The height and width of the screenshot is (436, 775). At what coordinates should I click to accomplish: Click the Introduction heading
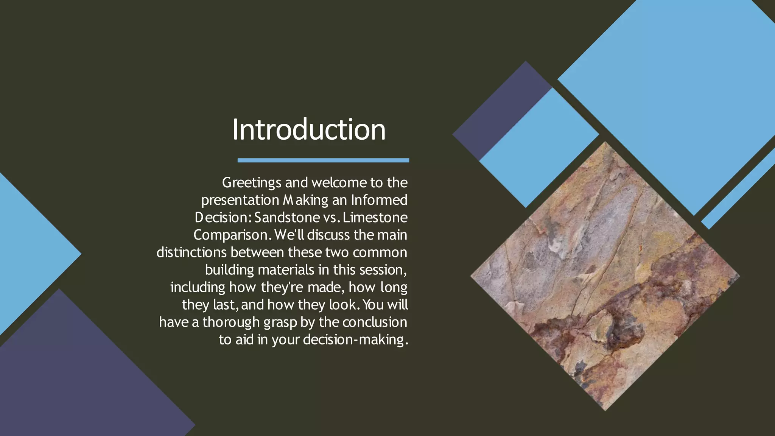[x=309, y=130]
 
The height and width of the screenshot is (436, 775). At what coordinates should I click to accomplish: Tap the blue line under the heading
[x=323, y=160]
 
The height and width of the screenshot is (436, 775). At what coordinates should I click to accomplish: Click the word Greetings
[x=252, y=183]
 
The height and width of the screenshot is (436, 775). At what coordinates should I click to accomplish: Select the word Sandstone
[x=287, y=218]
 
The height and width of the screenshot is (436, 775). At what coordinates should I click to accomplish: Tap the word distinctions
[x=191, y=252]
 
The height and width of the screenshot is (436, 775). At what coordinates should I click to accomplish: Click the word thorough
[x=231, y=322]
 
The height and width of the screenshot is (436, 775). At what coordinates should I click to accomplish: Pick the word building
[x=229, y=270]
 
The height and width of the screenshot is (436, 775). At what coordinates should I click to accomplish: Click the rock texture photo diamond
[x=605, y=276]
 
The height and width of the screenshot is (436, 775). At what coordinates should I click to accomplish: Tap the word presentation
[x=240, y=200]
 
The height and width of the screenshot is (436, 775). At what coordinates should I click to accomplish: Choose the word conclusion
[x=375, y=322]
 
